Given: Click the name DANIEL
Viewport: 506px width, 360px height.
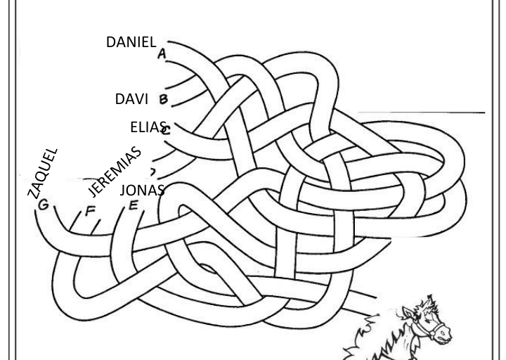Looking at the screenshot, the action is [131, 42].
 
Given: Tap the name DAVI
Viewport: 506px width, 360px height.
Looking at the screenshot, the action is [131, 99].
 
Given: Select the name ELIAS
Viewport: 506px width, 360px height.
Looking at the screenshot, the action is [148, 127].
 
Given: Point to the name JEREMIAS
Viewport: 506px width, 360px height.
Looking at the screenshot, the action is [116, 171].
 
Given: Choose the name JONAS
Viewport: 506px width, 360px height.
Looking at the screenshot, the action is [142, 190].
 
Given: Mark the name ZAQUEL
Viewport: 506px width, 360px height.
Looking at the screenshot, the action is [43, 173].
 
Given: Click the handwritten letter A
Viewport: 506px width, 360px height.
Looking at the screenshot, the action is [162, 54].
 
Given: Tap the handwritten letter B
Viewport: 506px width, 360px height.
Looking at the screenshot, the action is [164, 99].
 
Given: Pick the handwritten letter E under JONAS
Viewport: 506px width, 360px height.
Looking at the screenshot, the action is [134, 206].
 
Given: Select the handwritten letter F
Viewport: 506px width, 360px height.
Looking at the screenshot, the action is [89, 210].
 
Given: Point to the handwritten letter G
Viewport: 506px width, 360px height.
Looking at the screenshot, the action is [44, 205].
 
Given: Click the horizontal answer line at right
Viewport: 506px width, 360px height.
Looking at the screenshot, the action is [422, 112].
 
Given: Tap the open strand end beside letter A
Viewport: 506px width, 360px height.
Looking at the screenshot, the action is [170, 44].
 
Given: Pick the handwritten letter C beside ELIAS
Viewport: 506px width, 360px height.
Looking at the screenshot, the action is [166, 129].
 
